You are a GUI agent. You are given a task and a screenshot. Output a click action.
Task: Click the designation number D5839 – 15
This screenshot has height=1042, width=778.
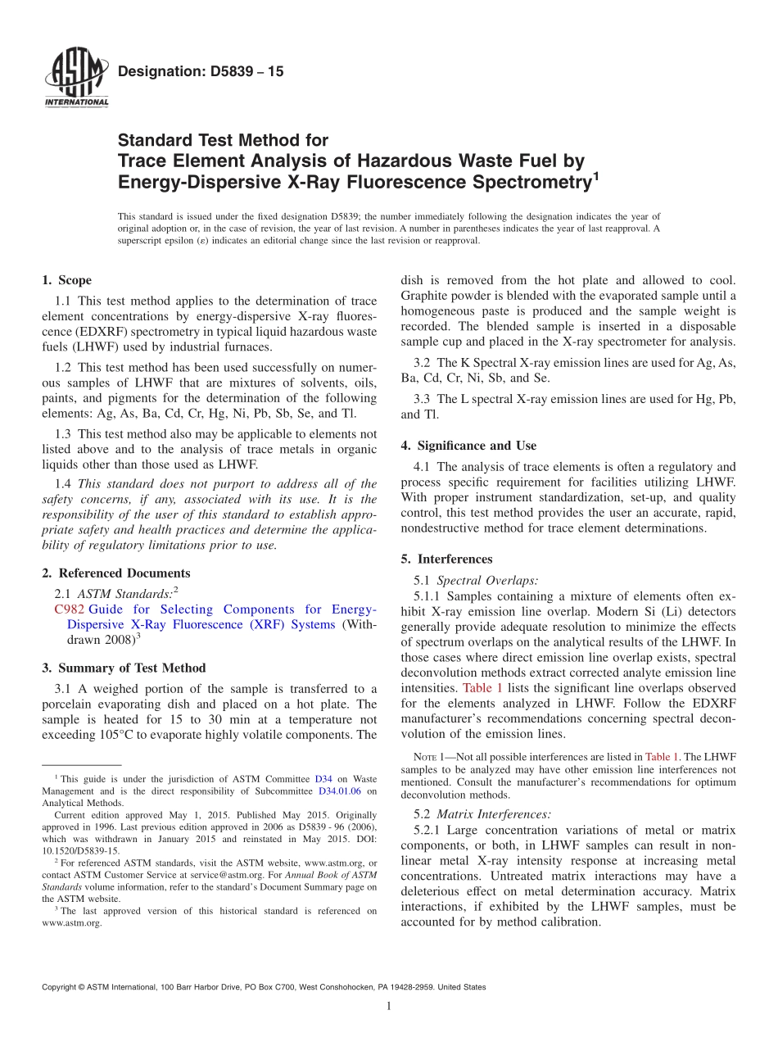tap(201, 71)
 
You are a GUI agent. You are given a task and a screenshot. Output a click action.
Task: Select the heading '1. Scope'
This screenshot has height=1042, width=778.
tap(67, 280)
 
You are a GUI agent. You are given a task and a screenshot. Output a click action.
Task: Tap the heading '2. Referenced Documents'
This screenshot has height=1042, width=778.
tap(116, 573)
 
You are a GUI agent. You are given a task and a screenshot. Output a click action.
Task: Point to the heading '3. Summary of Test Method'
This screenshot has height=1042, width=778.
tap(124, 668)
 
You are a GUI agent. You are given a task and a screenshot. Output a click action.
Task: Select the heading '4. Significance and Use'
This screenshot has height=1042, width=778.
tap(468, 446)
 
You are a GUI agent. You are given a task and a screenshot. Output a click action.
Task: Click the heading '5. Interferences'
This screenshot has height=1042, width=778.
tap(446, 559)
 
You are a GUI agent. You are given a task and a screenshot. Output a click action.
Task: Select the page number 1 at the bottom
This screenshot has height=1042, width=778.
tap(389, 1007)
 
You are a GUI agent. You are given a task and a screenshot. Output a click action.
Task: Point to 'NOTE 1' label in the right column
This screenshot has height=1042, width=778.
tap(427, 758)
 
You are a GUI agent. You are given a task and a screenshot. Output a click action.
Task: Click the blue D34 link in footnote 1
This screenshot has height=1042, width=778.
tap(323, 780)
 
